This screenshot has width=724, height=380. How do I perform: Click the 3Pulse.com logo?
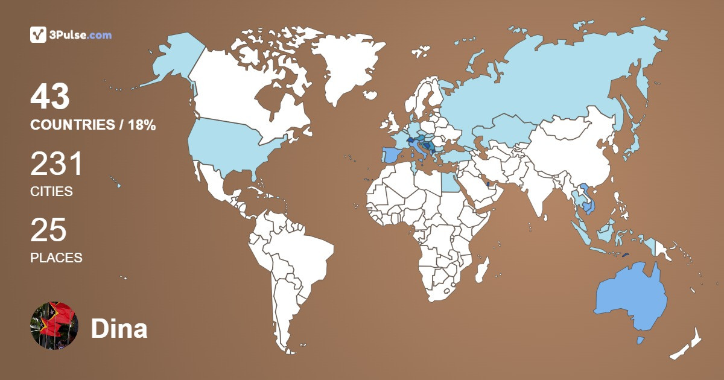click(x=71, y=35)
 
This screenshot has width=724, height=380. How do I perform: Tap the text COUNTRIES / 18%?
click(x=93, y=125)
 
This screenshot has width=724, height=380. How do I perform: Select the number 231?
click(x=56, y=163)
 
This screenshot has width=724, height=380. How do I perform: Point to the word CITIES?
click(x=51, y=192)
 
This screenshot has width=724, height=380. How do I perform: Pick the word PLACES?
click(x=56, y=258)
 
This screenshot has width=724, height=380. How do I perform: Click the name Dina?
click(x=119, y=329)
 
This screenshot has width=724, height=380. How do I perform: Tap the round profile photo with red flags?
click(x=54, y=326)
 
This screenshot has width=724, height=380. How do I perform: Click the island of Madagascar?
click(x=482, y=269)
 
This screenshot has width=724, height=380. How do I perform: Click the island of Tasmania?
click(x=641, y=341)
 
